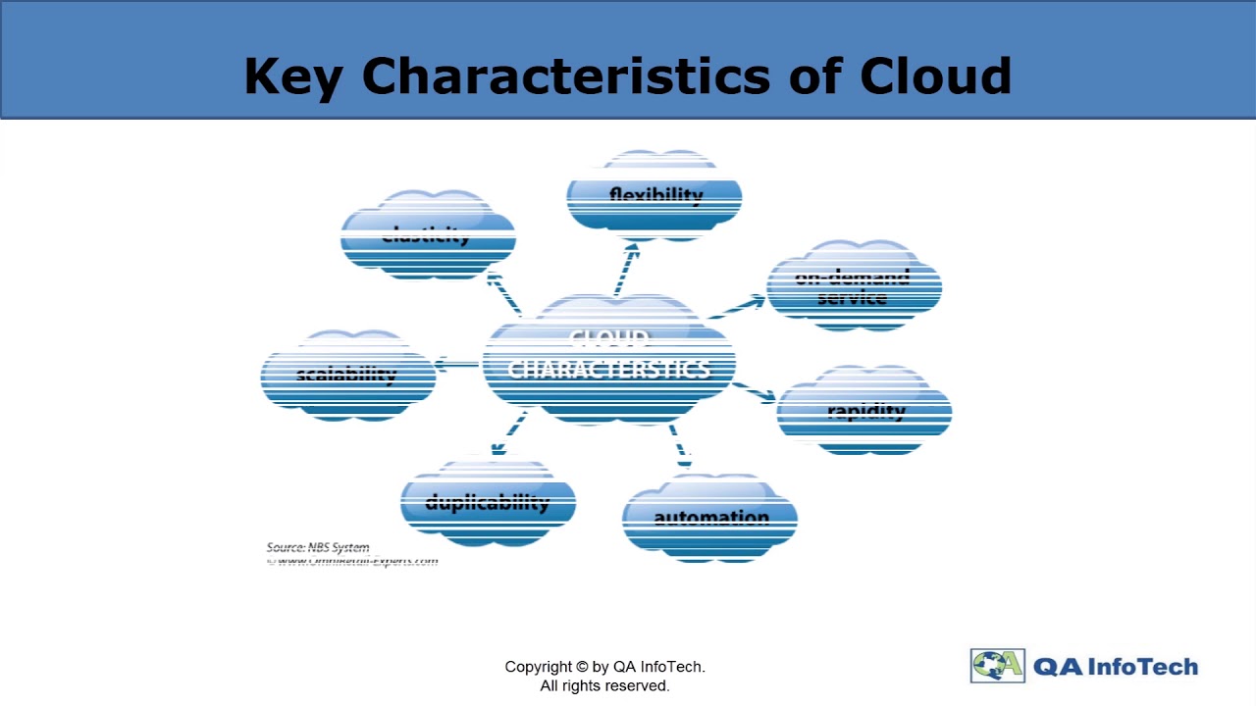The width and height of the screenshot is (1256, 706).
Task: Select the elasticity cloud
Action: point(428,236)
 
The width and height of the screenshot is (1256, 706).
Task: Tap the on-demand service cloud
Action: point(853,286)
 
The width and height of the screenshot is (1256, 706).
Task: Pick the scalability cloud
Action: point(347,376)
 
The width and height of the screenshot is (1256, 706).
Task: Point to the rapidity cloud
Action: point(864,411)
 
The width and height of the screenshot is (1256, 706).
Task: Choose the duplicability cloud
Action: point(488,503)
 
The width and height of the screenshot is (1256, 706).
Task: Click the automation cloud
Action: point(709,518)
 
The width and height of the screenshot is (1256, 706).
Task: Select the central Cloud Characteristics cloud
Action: point(609,359)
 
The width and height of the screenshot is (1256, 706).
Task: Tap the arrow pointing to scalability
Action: point(455,366)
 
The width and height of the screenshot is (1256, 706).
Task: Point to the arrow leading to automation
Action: point(679,444)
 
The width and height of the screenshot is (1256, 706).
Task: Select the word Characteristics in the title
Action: point(565,76)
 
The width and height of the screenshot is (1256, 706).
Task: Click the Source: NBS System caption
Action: point(318,547)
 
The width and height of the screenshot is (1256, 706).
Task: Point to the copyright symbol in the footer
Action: point(582,667)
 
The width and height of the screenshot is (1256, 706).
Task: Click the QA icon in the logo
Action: point(997,666)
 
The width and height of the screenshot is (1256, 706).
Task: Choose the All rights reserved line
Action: point(604,685)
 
